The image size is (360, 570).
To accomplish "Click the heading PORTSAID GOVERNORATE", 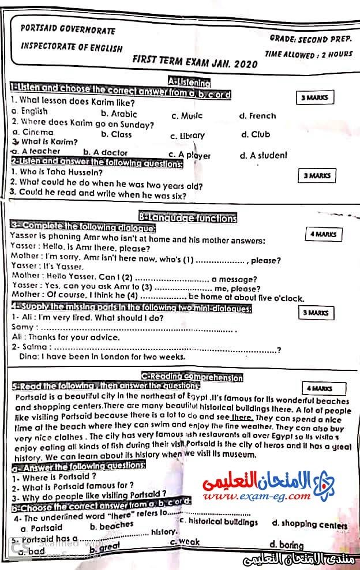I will (67, 30).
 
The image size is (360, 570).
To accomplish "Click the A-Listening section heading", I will (189, 82).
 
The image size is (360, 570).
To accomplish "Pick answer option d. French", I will (257, 115).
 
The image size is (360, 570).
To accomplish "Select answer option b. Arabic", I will (119, 114).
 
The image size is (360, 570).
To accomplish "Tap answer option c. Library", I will (187, 136).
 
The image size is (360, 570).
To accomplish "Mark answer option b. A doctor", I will (106, 152).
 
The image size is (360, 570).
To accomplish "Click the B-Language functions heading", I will (188, 218).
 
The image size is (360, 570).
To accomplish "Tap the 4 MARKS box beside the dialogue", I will (323, 234).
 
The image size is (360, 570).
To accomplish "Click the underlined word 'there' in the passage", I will (242, 417).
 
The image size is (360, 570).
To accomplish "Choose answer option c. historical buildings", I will (219, 522).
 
